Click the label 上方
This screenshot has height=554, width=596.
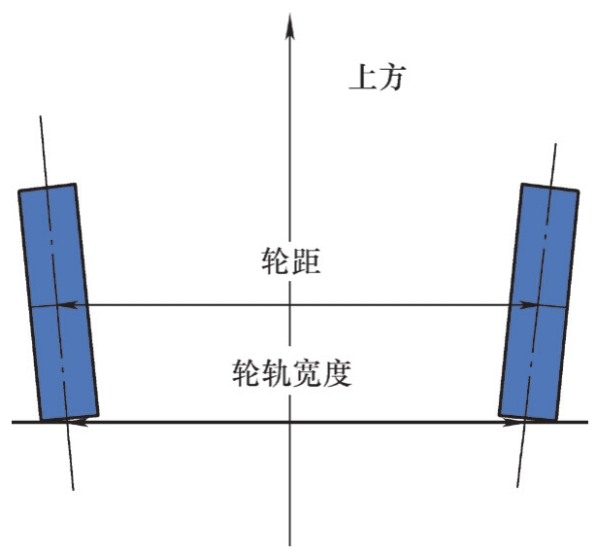376,78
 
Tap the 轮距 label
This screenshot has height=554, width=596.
288,260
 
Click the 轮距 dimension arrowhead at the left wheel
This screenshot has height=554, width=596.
66,305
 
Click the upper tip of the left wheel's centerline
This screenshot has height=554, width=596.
40,116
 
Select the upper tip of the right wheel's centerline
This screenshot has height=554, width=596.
556,144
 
